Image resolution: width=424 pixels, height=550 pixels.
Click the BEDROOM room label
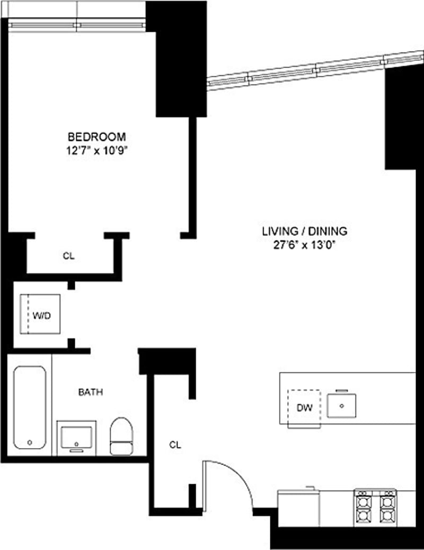(96, 135)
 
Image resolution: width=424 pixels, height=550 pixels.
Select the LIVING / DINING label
(304, 231)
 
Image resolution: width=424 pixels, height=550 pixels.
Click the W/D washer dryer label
(41, 315)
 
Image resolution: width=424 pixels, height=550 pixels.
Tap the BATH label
(91, 392)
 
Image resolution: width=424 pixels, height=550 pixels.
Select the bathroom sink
(77, 439)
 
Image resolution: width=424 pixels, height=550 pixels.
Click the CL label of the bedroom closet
(68, 256)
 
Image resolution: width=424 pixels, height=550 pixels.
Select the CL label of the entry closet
(175, 445)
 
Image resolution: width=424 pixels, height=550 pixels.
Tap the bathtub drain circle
(30, 442)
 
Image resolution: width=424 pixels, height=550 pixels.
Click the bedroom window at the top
(77, 24)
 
